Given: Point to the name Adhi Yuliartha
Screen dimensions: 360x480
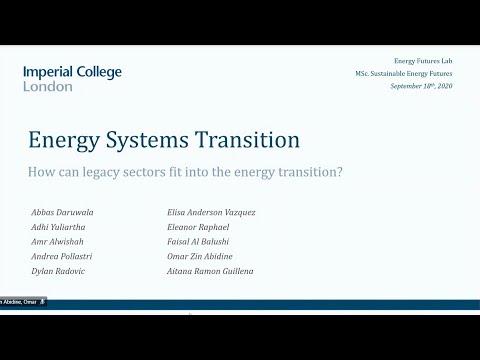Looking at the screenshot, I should [x=59, y=227].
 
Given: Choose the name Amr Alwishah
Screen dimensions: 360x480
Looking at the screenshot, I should [x=57, y=241].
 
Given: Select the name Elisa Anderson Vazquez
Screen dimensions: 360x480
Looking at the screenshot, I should [x=213, y=212].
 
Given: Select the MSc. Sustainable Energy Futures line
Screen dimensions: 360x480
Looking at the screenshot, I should [x=398, y=75].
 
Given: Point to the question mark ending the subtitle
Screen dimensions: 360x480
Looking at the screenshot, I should [x=341, y=172].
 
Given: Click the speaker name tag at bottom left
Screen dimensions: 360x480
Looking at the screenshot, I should [x=22, y=301].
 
